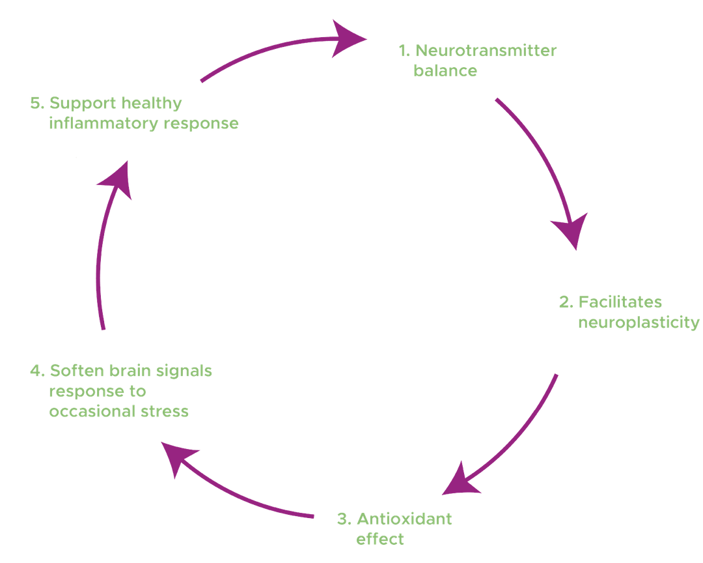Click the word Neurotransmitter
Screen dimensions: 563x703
point(486,51)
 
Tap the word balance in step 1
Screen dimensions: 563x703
point(445,71)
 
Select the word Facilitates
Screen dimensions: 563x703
point(620,302)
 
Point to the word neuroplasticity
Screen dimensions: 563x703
point(639,323)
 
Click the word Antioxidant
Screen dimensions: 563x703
point(404,519)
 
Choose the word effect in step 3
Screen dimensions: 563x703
point(380,540)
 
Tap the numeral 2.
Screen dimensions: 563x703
point(565,302)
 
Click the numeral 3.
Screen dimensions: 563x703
point(343,519)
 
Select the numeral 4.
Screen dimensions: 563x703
point(36,371)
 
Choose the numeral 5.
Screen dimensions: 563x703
point(35,103)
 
